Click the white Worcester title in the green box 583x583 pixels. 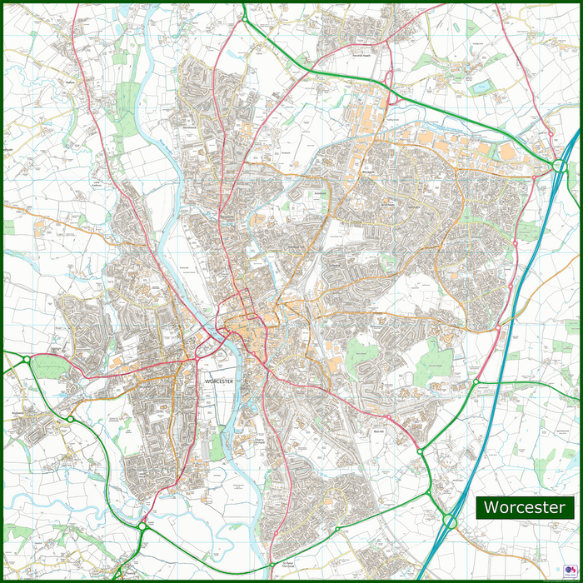(525, 507)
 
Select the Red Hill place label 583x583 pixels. (376, 432)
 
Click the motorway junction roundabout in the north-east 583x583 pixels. (558, 167)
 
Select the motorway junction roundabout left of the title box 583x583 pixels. (450, 521)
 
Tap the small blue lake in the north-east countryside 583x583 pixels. (481, 86)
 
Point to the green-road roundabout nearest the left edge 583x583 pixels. (26, 360)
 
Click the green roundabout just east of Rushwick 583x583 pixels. (71, 419)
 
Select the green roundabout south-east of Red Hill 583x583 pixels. (421, 451)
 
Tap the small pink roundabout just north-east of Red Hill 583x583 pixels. (387, 416)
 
